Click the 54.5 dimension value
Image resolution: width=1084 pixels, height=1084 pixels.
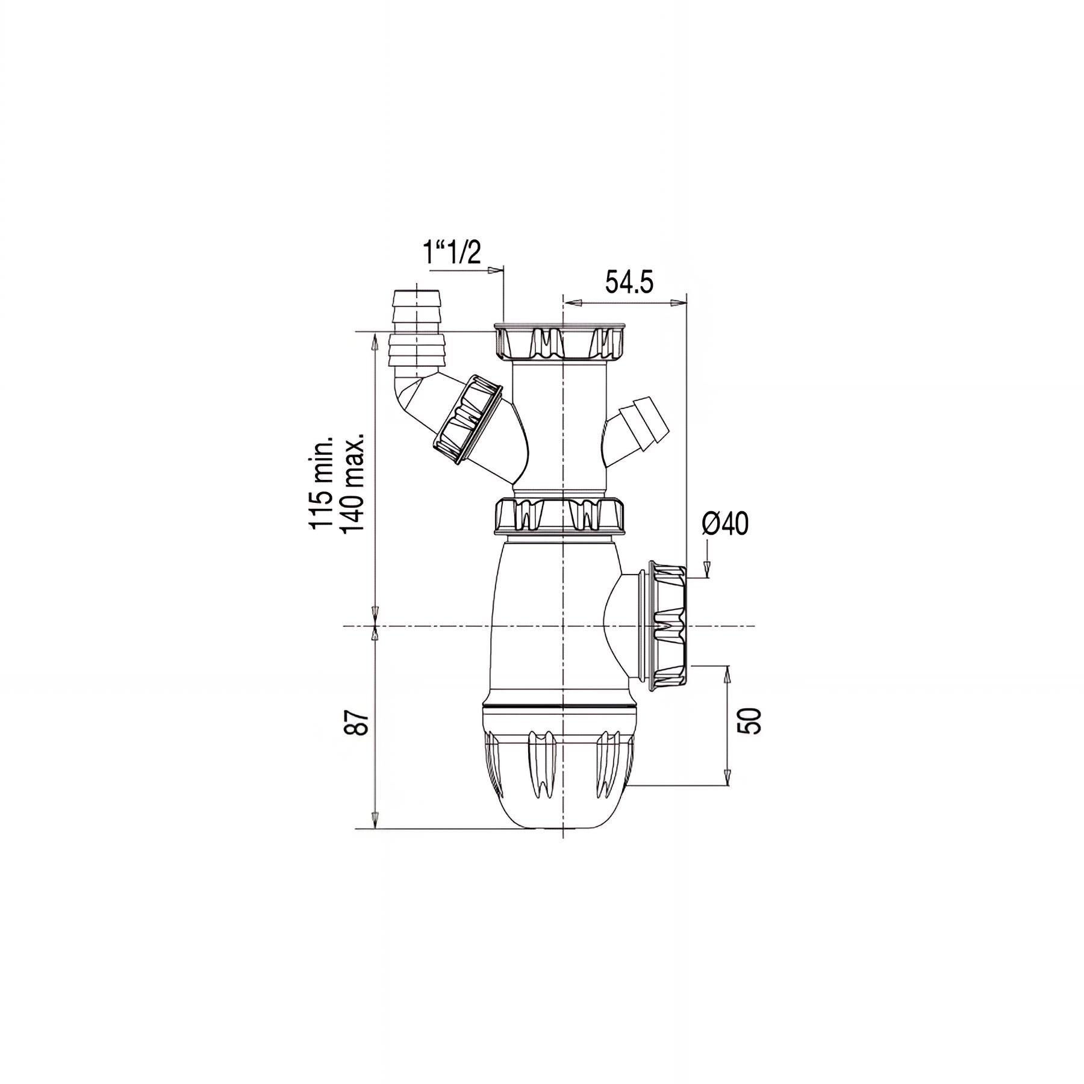click(629, 282)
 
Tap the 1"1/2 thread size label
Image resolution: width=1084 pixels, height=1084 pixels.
click(452, 253)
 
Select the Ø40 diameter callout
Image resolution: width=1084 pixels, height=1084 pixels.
click(725, 525)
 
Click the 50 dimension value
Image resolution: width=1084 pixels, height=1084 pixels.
click(753, 720)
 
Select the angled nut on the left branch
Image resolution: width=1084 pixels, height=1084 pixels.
click(469, 420)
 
